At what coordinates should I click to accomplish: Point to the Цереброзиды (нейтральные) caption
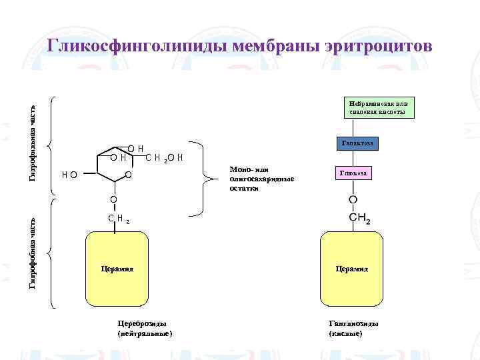coord(144,328)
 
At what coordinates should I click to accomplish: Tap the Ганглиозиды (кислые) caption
coord(353,328)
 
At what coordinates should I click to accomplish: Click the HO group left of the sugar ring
coord(68,175)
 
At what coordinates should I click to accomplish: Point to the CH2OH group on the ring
coord(164,158)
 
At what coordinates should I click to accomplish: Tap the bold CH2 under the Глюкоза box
coord(360,219)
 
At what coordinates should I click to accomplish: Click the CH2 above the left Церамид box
coord(117,218)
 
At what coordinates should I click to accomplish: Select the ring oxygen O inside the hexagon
coord(127,175)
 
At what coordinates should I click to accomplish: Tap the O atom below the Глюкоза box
coord(353,201)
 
